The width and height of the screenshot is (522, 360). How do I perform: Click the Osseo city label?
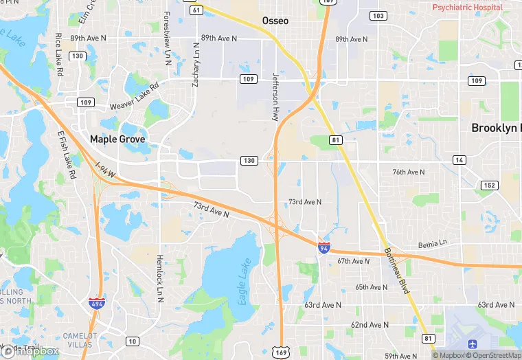[275, 21]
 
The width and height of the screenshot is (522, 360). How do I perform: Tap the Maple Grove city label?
[117, 139]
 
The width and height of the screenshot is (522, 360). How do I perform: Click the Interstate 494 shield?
[97, 304]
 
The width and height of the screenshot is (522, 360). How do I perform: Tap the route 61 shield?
[197, 10]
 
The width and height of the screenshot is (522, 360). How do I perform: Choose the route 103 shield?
[377, 15]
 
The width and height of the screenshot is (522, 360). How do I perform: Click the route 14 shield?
[458, 160]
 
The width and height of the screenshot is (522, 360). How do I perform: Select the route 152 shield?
[489, 185]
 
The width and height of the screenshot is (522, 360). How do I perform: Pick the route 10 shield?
[132, 341]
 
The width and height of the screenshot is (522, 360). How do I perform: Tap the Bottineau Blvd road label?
[396, 271]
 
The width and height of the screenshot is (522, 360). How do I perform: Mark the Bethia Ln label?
[432, 244]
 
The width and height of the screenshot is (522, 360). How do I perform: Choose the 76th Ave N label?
[408, 172]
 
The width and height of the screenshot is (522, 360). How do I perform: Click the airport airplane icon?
[472, 343]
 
